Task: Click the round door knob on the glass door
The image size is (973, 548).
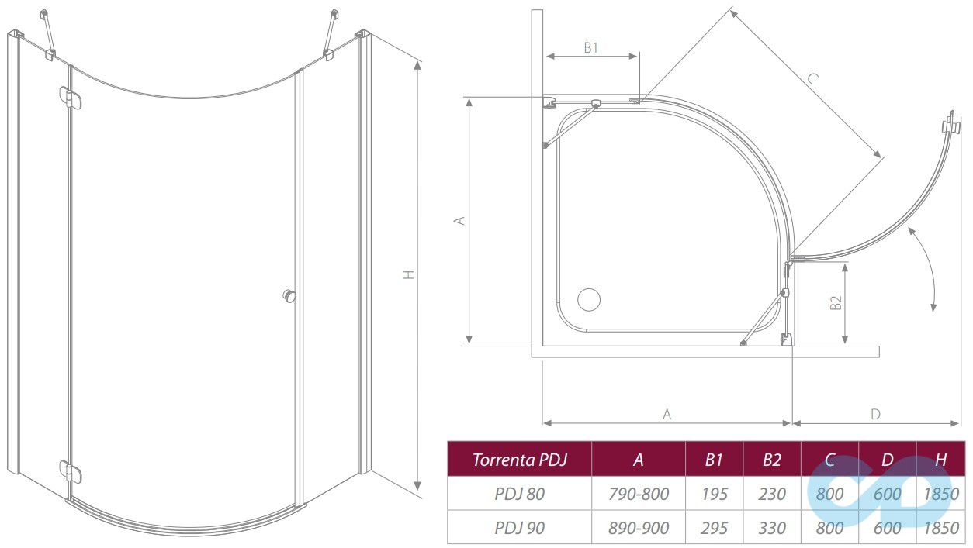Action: [x=289, y=296]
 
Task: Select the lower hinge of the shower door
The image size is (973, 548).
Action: [x=71, y=471]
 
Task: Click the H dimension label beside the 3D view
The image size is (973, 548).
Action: [x=409, y=274]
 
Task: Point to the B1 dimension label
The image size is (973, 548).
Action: [x=590, y=48]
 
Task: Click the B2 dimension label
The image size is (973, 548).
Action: [x=836, y=302]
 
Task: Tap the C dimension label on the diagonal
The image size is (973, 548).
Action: [x=813, y=78]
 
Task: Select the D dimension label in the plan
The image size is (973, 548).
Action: [x=875, y=415]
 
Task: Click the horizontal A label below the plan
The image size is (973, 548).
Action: [x=667, y=415]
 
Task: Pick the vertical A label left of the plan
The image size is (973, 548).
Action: [x=459, y=220]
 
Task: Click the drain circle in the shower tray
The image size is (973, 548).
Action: [x=589, y=299]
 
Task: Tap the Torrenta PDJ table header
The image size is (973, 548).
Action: [x=520, y=460]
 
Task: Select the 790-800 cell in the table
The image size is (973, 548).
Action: [x=638, y=494]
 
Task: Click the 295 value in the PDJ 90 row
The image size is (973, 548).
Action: [x=714, y=528]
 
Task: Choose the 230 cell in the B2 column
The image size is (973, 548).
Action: [x=772, y=494]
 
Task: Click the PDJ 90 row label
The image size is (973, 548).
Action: [x=520, y=528]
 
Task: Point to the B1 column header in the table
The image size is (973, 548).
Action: [x=714, y=460]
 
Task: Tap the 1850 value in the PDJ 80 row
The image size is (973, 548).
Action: [x=941, y=494]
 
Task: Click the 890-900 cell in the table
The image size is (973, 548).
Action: [x=638, y=528]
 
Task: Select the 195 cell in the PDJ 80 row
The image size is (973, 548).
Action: [x=714, y=494]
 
